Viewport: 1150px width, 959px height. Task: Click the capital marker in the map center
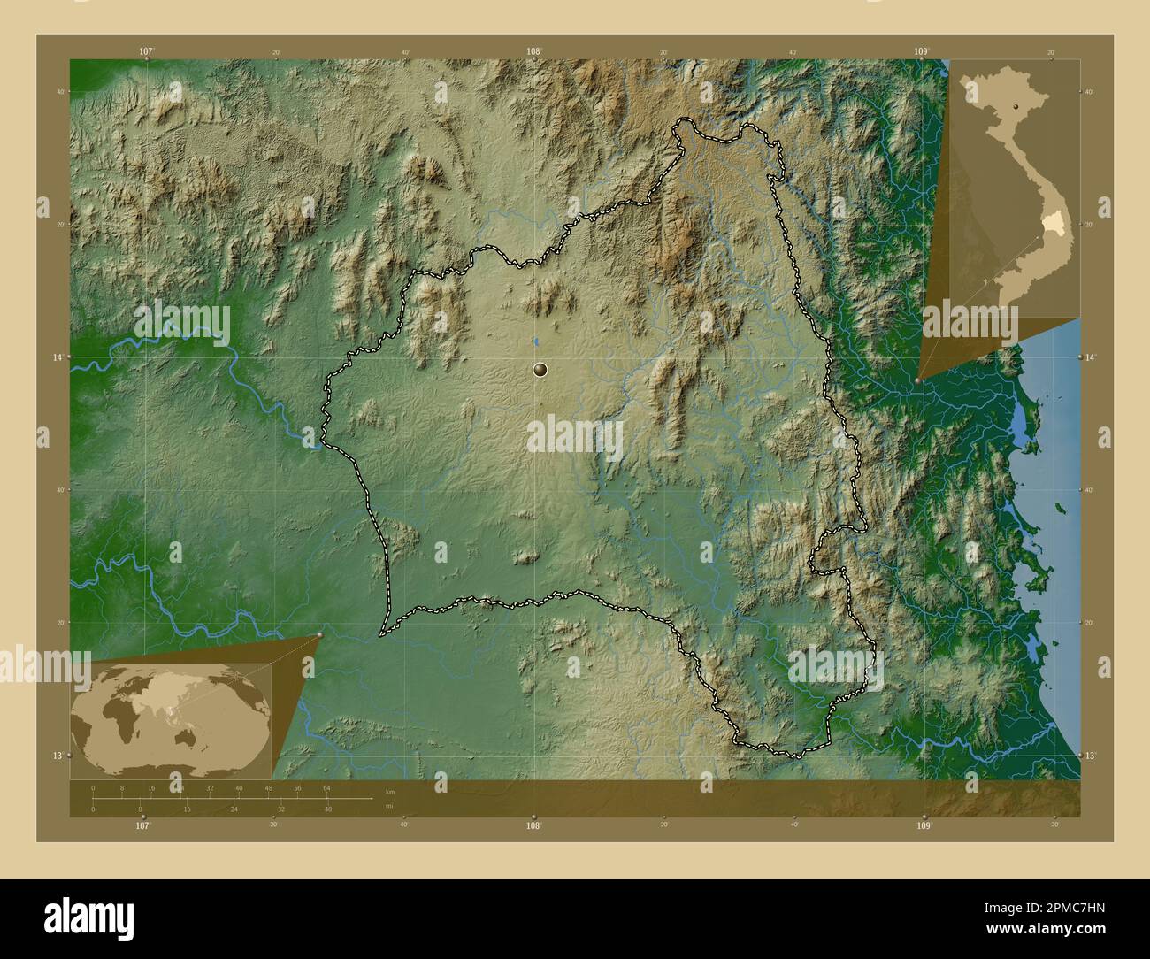[540, 370]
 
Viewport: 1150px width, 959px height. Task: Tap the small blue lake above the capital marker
[535, 341]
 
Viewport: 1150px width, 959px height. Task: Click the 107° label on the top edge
[147, 51]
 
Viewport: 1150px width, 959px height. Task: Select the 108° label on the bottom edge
[533, 825]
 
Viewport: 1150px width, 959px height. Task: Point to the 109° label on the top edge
[922, 51]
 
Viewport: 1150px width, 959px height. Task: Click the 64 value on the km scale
[326, 787]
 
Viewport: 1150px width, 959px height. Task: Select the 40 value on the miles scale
[327, 809]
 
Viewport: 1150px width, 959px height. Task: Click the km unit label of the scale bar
[390, 790]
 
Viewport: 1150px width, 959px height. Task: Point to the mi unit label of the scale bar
[389, 805]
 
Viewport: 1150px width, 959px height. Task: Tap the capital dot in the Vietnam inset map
[1016, 105]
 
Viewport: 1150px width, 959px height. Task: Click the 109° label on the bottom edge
[924, 825]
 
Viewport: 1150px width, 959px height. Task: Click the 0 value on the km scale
[93, 787]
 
